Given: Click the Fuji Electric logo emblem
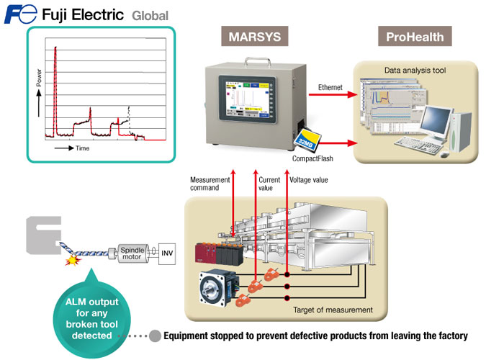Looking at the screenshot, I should [x=19, y=14].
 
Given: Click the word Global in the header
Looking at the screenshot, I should [x=150, y=15].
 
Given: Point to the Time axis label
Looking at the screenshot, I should [x=82, y=148].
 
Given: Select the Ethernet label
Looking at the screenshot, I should [x=334, y=87].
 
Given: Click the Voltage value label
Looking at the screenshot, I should [x=308, y=179].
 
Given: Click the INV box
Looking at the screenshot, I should [x=166, y=253].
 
